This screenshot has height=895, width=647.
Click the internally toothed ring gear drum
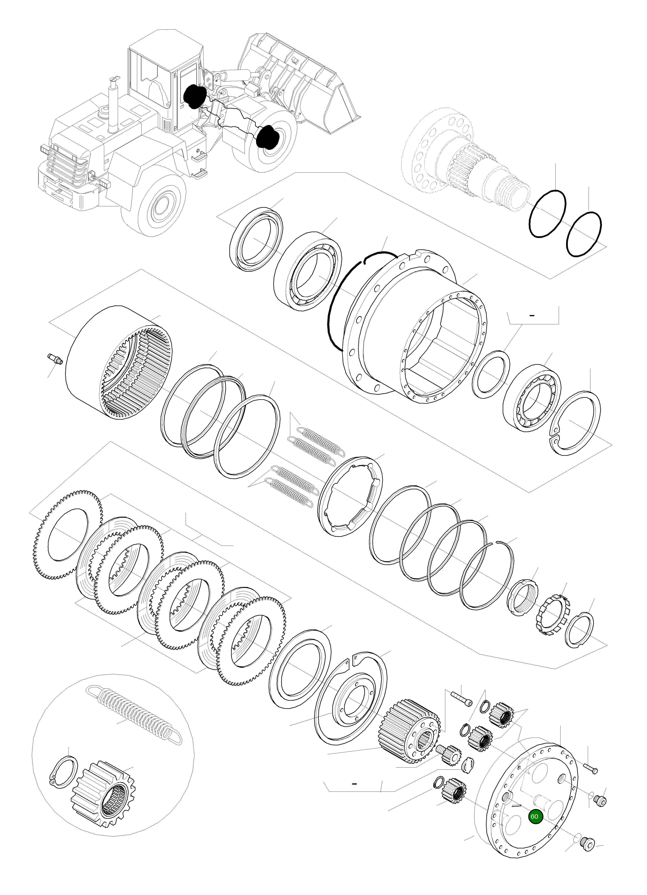point(118,363)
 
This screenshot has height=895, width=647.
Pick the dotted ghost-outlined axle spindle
point(466,158)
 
